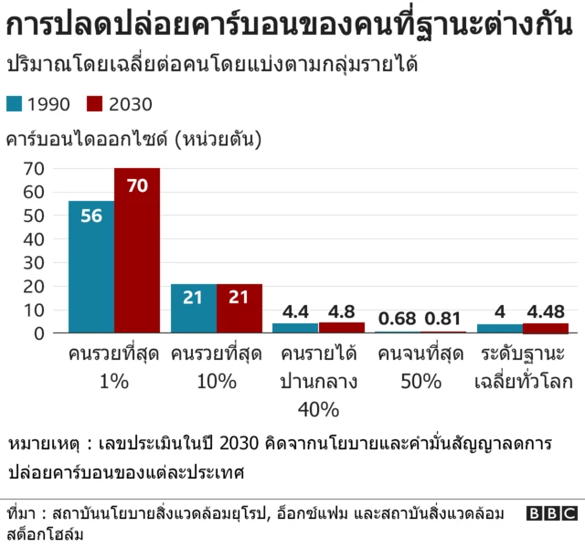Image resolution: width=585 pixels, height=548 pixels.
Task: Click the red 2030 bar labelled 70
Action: point(137,251)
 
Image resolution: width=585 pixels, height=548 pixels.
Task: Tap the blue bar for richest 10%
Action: point(194,309)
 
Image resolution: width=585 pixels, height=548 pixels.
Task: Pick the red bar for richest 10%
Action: point(239,309)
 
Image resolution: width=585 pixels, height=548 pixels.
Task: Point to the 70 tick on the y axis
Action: point(34,168)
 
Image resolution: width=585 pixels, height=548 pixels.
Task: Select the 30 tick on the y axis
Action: point(34,263)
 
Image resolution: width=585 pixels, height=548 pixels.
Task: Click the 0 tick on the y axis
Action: point(39,333)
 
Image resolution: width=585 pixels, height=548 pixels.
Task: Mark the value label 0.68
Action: point(398,318)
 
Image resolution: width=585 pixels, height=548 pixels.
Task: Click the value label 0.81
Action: point(444,318)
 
